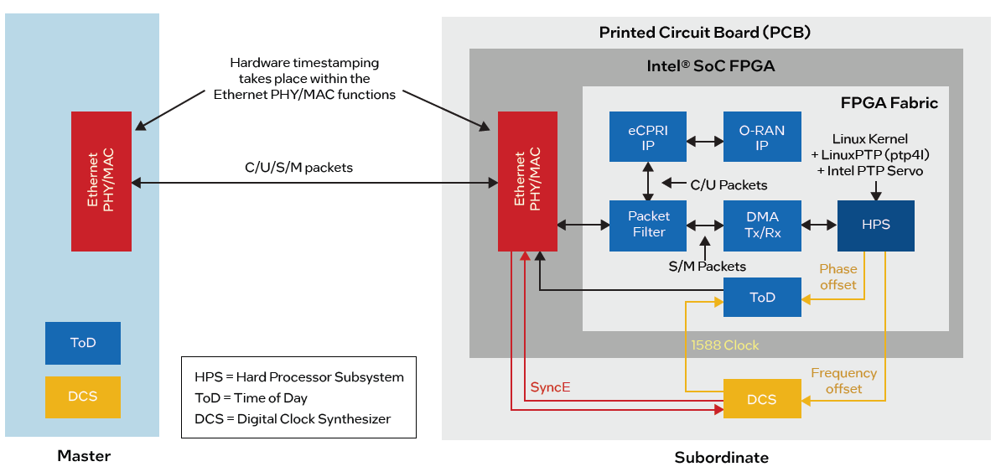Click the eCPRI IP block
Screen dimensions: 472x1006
[x=648, y=137]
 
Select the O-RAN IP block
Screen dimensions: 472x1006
[x=762, y=137]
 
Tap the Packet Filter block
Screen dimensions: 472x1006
[x=648, y=225]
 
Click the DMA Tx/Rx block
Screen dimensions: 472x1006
[x=762, y=225]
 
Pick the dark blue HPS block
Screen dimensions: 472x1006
[x=875, y=225]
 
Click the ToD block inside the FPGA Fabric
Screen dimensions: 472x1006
[x=762, y=297]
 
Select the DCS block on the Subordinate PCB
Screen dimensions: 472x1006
[x=762, y=399]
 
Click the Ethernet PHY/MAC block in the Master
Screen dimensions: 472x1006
[x=101, y=181]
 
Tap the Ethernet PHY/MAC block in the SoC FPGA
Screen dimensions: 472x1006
[x=528, y=181]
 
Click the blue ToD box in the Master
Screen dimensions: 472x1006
[x=83, y=343]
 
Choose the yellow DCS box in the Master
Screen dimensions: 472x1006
[x=83, y=397]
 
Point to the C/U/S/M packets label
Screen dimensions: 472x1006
[x=298, y=168]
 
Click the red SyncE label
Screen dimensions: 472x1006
[x=550, y=387]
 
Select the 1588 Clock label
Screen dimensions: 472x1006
[x=725, y=345]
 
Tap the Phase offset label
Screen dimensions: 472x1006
[x=838, y=277]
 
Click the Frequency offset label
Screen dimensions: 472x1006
[x=843, y=381]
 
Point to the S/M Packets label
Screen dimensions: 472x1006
[x=707, y=267]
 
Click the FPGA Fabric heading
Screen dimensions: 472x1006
[x=889, y=103]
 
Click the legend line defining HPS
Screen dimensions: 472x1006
[x=299, y=377]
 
